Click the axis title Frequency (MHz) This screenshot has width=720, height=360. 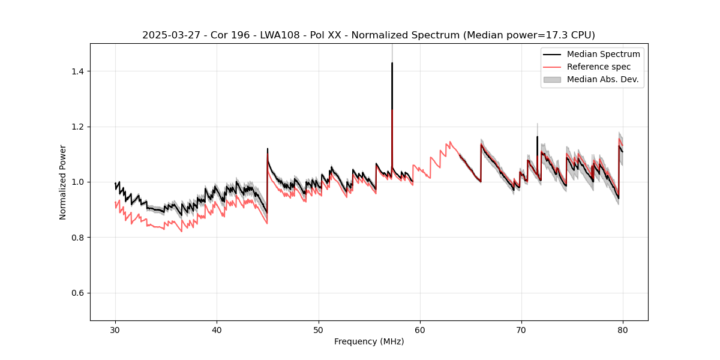(x=369, y=341)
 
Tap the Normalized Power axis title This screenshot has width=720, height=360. (x=63, y=182)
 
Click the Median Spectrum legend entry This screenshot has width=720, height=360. (x=603, y=54)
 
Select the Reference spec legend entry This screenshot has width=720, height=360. (x=598, y=67)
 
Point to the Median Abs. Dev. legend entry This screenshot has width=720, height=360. (x=602, y=79)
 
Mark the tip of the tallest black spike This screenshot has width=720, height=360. (x=392, y=63)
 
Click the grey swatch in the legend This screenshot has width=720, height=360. (x=551, y=79)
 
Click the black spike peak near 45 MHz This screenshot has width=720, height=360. (x=268, y=149)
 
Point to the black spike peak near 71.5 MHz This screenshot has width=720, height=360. (x=537, y=137)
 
